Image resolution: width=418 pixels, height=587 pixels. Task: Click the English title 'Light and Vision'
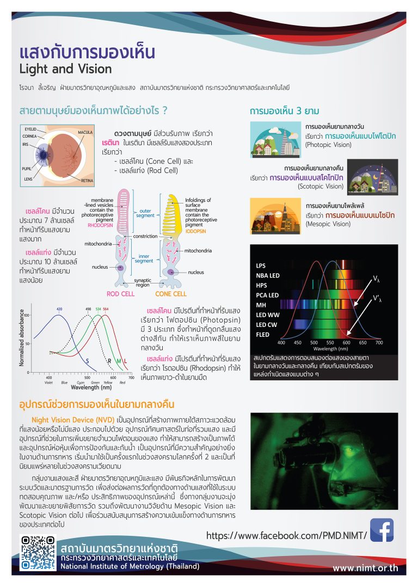click(x=65, y=69)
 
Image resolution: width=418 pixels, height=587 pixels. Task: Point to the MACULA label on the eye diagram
click(x=85, y=132)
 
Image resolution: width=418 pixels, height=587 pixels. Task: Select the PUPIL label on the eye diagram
click(x=27, y=169)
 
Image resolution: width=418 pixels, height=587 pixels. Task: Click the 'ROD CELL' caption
click(x=120, y=294)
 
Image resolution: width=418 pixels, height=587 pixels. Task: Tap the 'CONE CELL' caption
click(x=170, y=294)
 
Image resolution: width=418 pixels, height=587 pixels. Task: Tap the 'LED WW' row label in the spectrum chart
click(x=267, y=315)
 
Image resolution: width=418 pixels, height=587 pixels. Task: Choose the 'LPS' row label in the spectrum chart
click(x=261, y=265)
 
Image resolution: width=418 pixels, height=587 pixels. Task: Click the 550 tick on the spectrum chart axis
click(x=314, y=343)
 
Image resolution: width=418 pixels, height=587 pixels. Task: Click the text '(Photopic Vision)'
click(x=328, y=145)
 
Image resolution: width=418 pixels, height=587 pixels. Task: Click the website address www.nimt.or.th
click(x=373, y=569)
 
